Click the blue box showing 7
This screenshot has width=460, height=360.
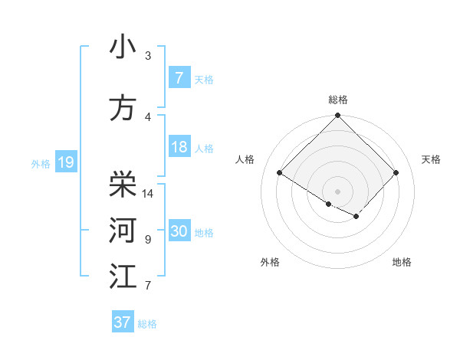point(179,78)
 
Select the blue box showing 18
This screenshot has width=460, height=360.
point(179,147)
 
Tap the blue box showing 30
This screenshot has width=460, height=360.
point(179,231)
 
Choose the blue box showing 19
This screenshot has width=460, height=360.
point(65,162)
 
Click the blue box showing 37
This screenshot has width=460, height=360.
point(123,322)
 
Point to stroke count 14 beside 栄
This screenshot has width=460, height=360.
point(149,194)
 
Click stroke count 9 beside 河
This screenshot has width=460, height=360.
point(147,240)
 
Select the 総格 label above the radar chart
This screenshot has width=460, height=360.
point(337,100)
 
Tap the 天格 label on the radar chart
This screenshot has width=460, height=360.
point(431,159)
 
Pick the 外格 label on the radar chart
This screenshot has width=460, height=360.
point(269,263)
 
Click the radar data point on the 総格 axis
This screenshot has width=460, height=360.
point(337,116)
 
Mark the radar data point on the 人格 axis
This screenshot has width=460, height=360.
point(279,172)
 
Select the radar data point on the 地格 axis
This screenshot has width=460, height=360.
point(356,217)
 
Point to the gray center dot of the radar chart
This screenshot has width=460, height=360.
point(337,191)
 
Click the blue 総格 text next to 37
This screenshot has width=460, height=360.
point(147,324)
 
